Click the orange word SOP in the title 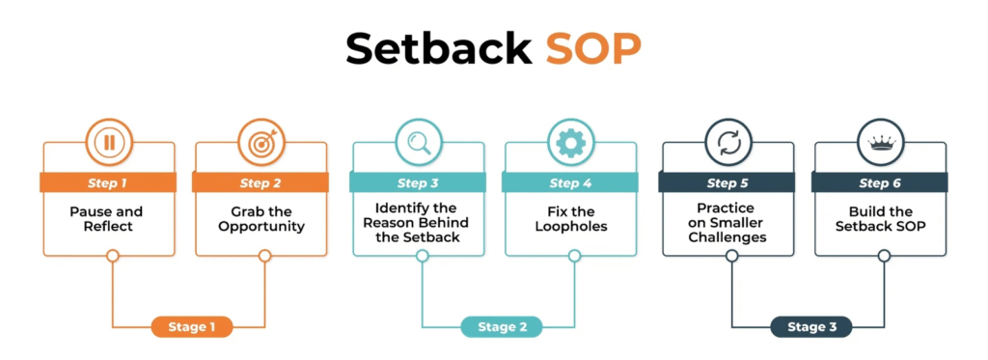tap(593, 48)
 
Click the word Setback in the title tap(438, 48)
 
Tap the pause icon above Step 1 tap(109, 143)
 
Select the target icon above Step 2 tap(261, 143)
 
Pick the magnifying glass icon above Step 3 tap(419, 143)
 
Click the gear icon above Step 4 tap(571, 143)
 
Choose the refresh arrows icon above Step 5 tap(728, 143)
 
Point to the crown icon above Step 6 tap(881, 143)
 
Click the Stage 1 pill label tap(192, 327)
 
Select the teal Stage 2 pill tap(502, 327)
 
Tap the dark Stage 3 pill tap(811, 327)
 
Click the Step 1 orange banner tap(108, 182)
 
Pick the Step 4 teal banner tap(570, 182)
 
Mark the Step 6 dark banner tap(880, 182)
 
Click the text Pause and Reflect tap(106, 218)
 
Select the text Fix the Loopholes tap(571, 218)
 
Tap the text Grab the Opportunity tap(261, 218)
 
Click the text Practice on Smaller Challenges tap(727, 223)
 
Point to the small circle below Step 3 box tap(423, 256)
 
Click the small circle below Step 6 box tap(884, 256)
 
